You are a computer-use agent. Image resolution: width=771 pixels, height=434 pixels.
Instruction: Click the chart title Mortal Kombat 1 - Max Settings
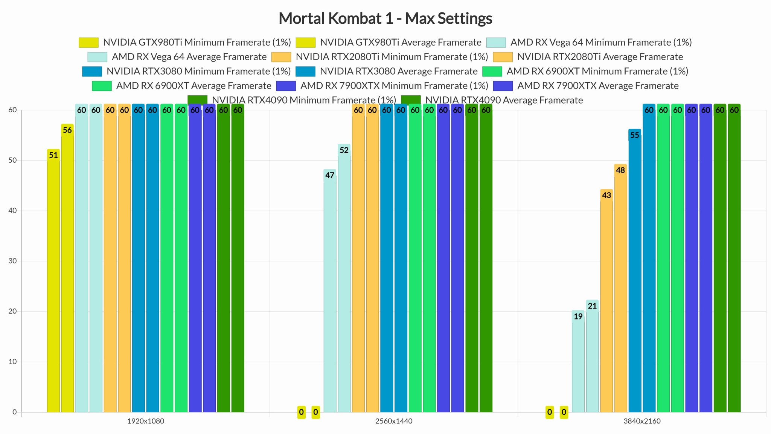tap(385, 18)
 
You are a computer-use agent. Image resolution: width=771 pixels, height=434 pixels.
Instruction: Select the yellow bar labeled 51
tap(53, 283)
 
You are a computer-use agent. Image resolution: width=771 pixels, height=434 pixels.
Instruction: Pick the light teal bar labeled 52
tap(344, 279)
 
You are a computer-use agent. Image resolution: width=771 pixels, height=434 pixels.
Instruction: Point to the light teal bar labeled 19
tap(578, 362)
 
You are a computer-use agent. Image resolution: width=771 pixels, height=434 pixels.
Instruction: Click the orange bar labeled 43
tap(606, 301)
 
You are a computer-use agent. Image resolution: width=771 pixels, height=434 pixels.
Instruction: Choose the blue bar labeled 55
tap(635, 271)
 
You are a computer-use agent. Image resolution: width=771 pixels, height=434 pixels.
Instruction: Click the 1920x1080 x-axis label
tap(146, 421)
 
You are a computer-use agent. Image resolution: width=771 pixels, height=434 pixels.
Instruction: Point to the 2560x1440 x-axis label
tap(394, 421)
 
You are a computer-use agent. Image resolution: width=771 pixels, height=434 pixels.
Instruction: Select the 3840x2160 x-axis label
tap(642, 421)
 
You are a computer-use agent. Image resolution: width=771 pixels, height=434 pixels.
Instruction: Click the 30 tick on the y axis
tap(13, 261)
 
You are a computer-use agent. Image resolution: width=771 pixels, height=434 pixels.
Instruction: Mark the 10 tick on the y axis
tap(13, 362)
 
